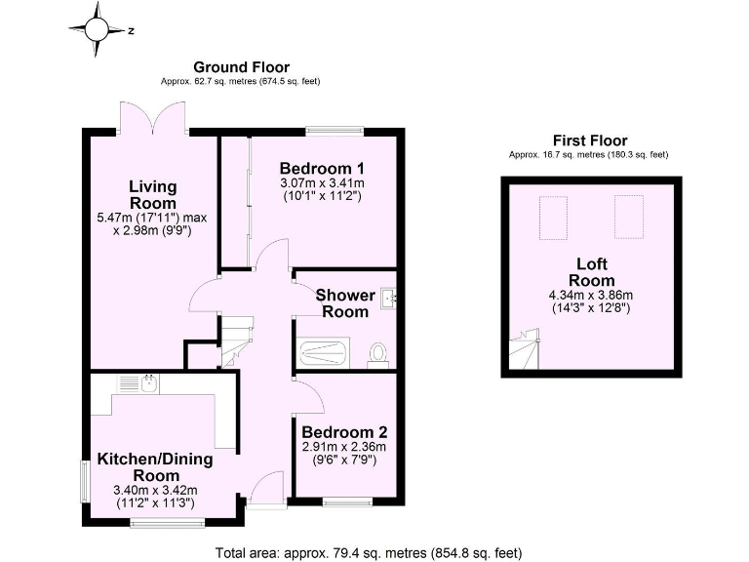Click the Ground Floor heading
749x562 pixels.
click(242, 67)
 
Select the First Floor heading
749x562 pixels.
click(589, 140)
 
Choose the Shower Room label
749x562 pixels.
click(341, 302)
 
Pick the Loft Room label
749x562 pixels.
click(592, 271)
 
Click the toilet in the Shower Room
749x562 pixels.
click(377, 354)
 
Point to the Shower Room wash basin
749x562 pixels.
click(389, 296)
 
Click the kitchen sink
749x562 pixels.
click(149, 383)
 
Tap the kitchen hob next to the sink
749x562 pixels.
click(126, 383)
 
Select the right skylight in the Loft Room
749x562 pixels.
click(626, 216)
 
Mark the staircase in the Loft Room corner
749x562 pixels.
click(524, 349)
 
